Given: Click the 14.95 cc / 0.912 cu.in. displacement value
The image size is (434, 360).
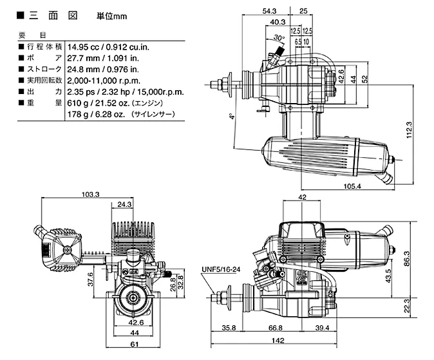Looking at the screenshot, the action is click(108, 47).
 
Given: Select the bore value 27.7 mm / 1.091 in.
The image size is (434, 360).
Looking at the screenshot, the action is click(103, 58).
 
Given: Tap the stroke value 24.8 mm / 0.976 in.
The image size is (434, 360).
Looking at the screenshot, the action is click(103, 70).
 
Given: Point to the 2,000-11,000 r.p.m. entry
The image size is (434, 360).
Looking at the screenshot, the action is click(104, 81).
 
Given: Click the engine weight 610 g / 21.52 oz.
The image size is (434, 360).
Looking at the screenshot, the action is click(99, 103).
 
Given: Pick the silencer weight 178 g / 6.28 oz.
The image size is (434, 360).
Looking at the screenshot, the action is click(97, 114).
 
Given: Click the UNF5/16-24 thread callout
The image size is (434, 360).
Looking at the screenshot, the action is click(221, 269).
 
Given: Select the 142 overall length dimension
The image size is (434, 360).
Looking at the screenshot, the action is click(278, 340).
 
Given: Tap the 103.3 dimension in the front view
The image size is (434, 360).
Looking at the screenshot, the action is click(91, 194).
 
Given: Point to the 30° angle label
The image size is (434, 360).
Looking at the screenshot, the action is click(279, 37).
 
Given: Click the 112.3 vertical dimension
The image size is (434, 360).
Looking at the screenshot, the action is click(410, 130).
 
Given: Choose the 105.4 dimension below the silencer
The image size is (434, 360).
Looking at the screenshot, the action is click(352, 186).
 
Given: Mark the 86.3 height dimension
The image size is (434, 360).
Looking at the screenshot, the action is click(406, 259).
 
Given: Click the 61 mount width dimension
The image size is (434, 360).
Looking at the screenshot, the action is click(134, 344).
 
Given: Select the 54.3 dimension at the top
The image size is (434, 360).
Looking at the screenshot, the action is click(269, 11).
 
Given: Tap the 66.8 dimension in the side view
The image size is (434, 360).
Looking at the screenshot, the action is click(276, 328).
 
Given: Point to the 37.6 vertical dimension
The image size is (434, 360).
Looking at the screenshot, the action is click(91, 279).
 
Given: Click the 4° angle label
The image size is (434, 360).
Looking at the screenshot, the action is click(232, 116).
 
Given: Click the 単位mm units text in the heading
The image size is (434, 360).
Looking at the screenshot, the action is click(112, 16).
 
